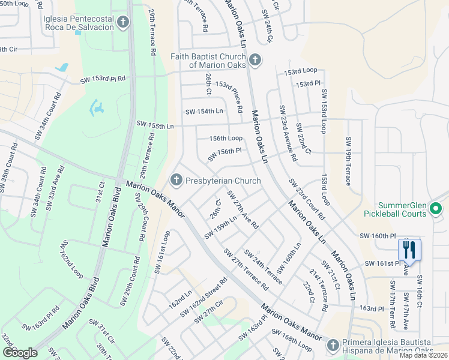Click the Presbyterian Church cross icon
176,179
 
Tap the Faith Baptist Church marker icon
255,59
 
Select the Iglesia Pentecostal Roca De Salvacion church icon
123,23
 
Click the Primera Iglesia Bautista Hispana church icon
334,345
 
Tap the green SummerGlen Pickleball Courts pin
436,209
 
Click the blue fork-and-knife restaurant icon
409,249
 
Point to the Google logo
20,353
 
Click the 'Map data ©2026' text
423,355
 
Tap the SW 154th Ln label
204,111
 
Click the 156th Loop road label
226,138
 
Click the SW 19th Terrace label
348,161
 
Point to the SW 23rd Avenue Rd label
288,133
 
